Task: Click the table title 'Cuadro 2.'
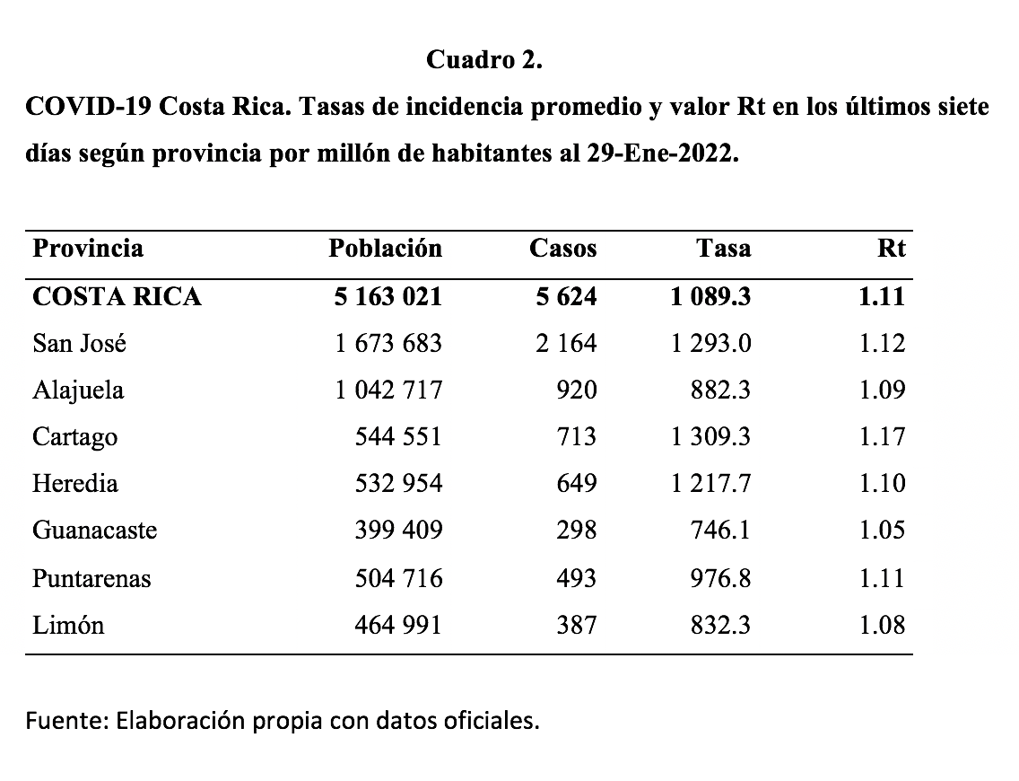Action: tap(484, 60)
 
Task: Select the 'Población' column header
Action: tap(386, 249)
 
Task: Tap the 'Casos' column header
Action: tap(562, 249)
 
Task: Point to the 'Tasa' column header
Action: tap(723, 249)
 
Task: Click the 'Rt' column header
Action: tap(891, 249)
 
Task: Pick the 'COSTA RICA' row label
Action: tap(117, 296)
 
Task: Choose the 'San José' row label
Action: tap(79, 343)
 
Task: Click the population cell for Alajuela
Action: tap(389, 390)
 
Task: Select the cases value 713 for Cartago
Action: tap(575, 437)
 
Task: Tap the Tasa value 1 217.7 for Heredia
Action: tap(710, 484)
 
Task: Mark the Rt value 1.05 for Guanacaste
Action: tap(882, 531)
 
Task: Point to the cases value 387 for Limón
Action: tap(575, 625)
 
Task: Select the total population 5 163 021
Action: tap(388, 296)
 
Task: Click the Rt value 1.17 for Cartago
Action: tap(882, 437)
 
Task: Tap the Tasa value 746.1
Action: tap(722, 531)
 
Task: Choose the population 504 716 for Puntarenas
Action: tap(399, 578)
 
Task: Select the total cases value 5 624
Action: tap(566, 296)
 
